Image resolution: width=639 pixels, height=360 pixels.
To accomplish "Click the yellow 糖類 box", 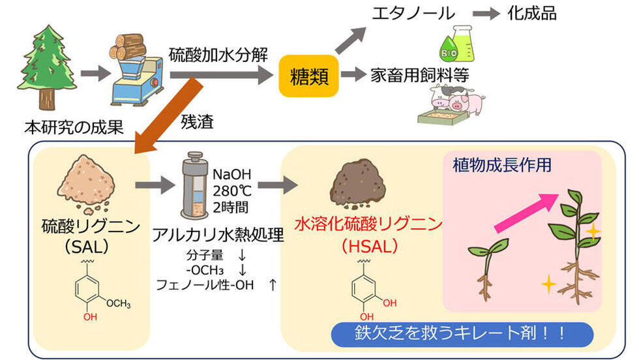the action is [x=308, y=76].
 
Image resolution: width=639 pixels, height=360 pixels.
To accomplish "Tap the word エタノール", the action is [x=413, y=14].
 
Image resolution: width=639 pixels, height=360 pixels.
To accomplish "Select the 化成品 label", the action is [x=532, y=14].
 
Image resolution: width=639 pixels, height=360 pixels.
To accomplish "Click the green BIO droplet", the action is [x=449, y=49].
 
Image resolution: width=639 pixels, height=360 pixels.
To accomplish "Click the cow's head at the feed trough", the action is [x=439, y=97].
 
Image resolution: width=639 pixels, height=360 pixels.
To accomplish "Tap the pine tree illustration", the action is [x=47, y=67].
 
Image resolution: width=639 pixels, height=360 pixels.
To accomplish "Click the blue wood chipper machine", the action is [x=136, y=82].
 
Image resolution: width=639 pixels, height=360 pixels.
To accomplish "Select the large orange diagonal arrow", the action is [x=168, y=117].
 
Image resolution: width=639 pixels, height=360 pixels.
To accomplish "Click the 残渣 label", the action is [x=197, y=122].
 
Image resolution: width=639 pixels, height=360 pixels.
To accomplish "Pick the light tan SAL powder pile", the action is [x=86, y=184].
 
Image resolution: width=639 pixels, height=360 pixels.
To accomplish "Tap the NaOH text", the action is [x=232, y=175].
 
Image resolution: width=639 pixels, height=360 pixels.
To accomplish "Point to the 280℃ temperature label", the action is [x=232, y=191].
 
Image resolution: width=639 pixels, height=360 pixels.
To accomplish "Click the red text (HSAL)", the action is [x=369, y=246].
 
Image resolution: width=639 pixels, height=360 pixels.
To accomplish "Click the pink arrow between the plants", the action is [x=526, y=212].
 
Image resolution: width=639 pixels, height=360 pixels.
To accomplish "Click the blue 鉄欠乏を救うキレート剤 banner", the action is [x=462, y=335].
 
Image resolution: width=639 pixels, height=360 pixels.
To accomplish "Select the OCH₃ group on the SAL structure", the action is [x=119, y=304].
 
